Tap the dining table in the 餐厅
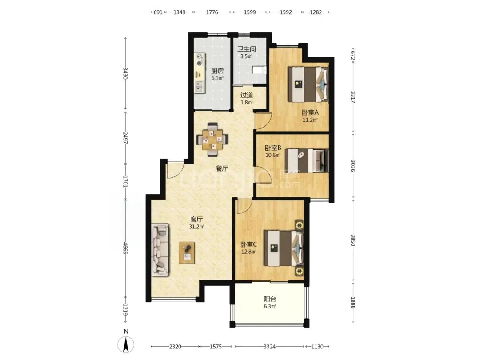point(212,140)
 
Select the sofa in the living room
point(160,249)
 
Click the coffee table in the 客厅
point(187,252)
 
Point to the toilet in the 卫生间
point(259,70)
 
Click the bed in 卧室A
point(308,84)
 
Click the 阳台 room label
point(270,299)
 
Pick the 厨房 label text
point(217,71)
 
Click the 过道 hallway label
point(246,95)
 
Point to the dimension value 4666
point(125,248)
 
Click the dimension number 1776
point(212,12)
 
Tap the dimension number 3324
point(269,347)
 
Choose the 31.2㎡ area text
point(196,227)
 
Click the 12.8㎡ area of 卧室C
point(248,252)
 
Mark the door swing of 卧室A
point(263,121)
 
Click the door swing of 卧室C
point(244,206)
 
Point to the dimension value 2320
point(175,347)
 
